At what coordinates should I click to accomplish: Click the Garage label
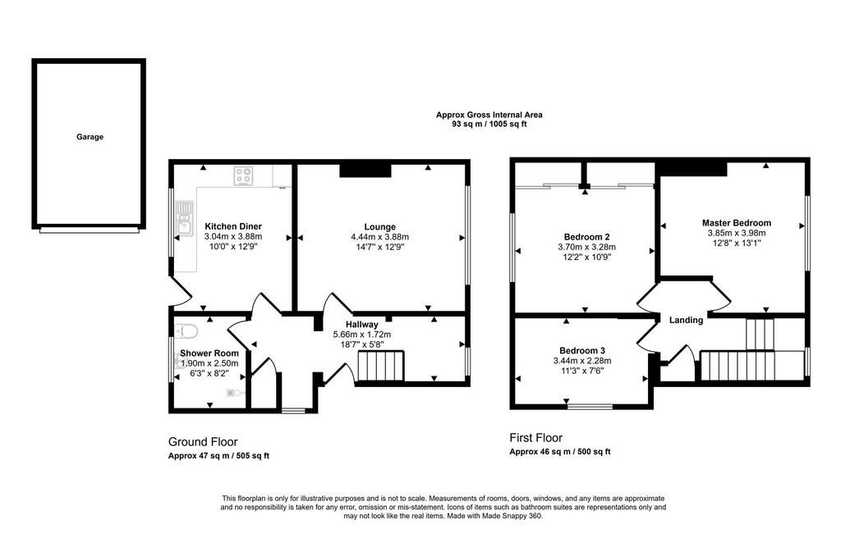[x=90, y=137]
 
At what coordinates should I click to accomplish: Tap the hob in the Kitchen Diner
[x=243, y=175]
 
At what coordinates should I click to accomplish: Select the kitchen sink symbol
[x=185, y=219]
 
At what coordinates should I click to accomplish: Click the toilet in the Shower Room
[x=186, y=330]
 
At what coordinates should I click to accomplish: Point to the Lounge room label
[x=379, y=226]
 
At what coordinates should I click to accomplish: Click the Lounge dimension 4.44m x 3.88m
[x=379, y=237]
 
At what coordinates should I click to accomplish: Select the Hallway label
[x=361, y=324]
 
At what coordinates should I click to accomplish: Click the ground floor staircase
[x=380, y=366]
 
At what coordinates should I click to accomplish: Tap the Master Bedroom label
[x=737, y=223]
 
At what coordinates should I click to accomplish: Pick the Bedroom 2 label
[x=586, y=237]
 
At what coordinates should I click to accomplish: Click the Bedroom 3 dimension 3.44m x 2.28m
[x=582, y=361]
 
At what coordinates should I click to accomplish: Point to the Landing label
[x=686, y=320]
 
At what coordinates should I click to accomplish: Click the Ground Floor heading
[x=203, y=442]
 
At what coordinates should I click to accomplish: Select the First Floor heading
[x=535, y=438]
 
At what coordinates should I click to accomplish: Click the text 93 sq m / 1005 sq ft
[x=489, y=125]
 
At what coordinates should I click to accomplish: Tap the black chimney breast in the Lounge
[x=365, y=171]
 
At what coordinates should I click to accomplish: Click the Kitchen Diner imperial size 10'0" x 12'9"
[x=233, y=247]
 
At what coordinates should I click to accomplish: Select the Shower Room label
[x=209, y=353]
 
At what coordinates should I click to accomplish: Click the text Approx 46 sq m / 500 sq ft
[x=560, y=452]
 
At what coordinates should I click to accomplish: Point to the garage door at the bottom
[x=89, y=231]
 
